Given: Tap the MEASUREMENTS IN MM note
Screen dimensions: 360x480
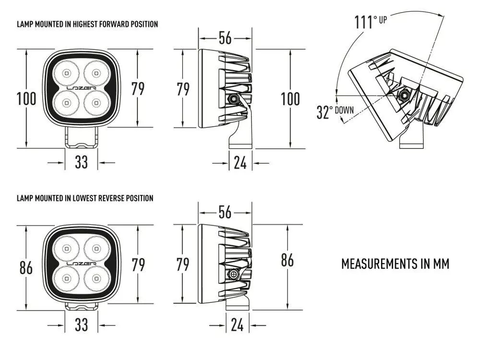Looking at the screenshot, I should pyautogui.click(x=395, y=264).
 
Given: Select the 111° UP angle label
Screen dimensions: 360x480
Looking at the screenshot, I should pyautogui.click(x=371, y=22).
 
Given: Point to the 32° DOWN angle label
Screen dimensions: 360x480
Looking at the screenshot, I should pyautogui.click(x=335, y=111).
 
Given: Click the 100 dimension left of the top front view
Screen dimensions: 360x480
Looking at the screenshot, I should pyautogui.click(x=26, y=98).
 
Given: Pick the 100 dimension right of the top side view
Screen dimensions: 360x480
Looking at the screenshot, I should pyautogui.click(x=290, y=98).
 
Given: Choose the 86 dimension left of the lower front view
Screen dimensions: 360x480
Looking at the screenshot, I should pyautogui.click(x=26, y=267).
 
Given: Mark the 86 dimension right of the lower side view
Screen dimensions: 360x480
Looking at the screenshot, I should pyautogui.click(x=287, y=260).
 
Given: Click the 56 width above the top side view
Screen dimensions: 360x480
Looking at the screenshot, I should pyautogui.click(x=225, y=38).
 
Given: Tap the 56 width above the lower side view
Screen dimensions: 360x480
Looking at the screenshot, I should pyautogui.click(x=225, y=212).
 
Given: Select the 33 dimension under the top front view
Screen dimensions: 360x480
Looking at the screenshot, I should pyautogui.click(x=81, y=162).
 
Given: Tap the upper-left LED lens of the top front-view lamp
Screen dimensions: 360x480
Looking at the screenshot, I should pyautogui.click(x=66, y=73).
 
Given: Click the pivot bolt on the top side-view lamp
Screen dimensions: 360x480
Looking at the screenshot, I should pyautogui.click(x=233, y=99).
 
